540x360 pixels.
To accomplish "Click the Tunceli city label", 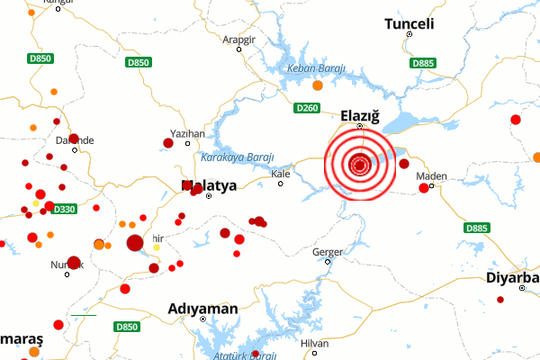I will point(409,23).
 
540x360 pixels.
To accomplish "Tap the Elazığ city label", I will point(362,115).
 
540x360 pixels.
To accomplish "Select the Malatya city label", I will point(209,186).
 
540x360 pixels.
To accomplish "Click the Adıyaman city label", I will point(203,309).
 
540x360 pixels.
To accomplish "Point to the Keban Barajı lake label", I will point(316,69).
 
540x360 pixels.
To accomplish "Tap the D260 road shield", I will point(307,108).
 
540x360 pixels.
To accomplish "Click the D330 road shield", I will point(64,209).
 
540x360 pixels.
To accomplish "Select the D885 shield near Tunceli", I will point(422,63).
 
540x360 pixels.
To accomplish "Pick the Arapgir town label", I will point(240,40).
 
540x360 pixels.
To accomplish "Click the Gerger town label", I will point(327,252).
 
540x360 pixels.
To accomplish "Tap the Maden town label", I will point(432,176).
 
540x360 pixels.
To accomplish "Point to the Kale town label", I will point(281,173).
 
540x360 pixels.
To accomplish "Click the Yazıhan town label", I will point(188,133).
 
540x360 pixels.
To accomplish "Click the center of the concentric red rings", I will point(360,165).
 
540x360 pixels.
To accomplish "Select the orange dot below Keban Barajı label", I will point(317,86).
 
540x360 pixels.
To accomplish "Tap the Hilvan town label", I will point(315,344).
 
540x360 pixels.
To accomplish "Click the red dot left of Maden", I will point(424,188).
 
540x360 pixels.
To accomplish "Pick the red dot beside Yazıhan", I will point(168,143).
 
